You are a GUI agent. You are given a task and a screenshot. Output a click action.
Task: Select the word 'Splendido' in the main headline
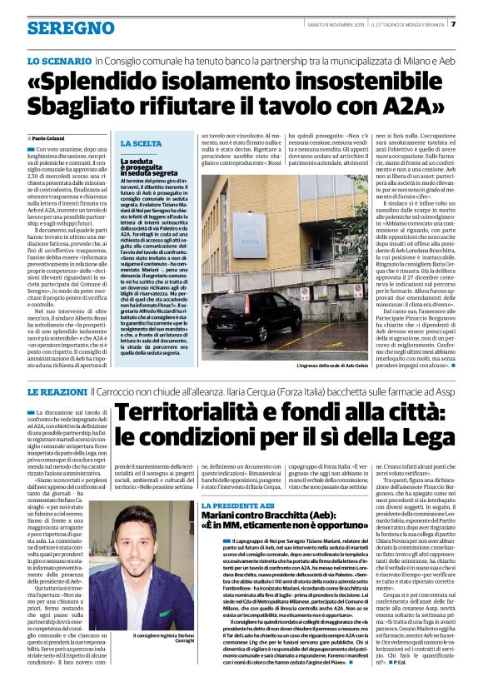pos(112,82)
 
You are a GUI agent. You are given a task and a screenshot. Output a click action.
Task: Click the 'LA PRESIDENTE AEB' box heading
pos(238,483)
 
